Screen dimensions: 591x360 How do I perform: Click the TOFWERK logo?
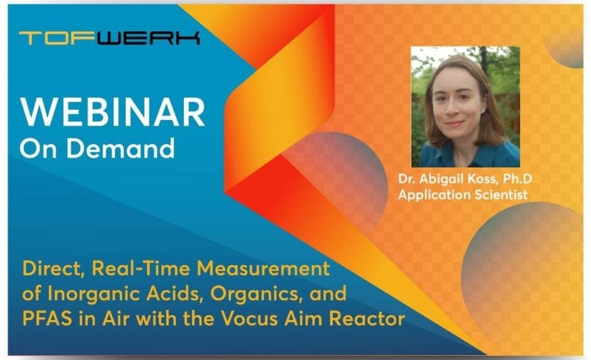click(109, 38)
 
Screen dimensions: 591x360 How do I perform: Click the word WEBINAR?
click(113, 112)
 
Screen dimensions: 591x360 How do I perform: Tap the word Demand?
click(121, 147)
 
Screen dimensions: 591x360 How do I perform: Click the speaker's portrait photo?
click(465, 107)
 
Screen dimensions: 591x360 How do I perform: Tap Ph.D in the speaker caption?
click(518, 179)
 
